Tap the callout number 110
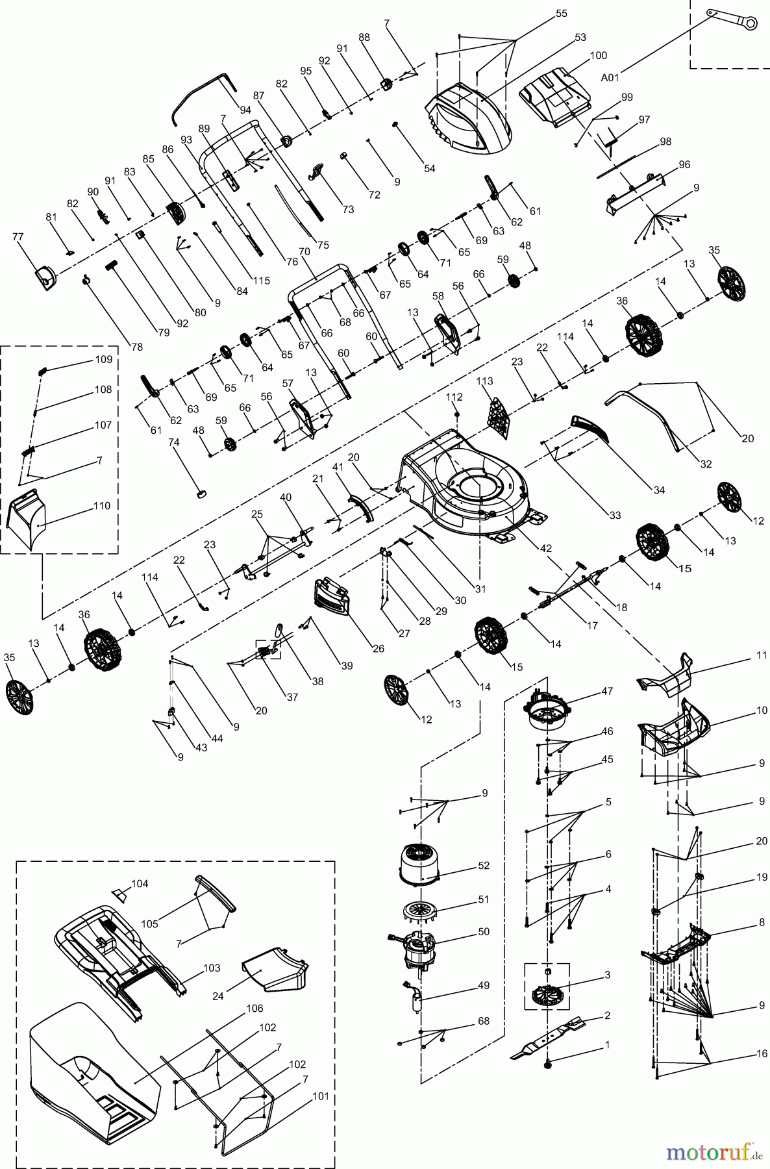click(102, 505)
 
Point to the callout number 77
click(18, 237)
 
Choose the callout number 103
click(212, 968)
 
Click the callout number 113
click(484, 381)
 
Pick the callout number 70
click(304, 250)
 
